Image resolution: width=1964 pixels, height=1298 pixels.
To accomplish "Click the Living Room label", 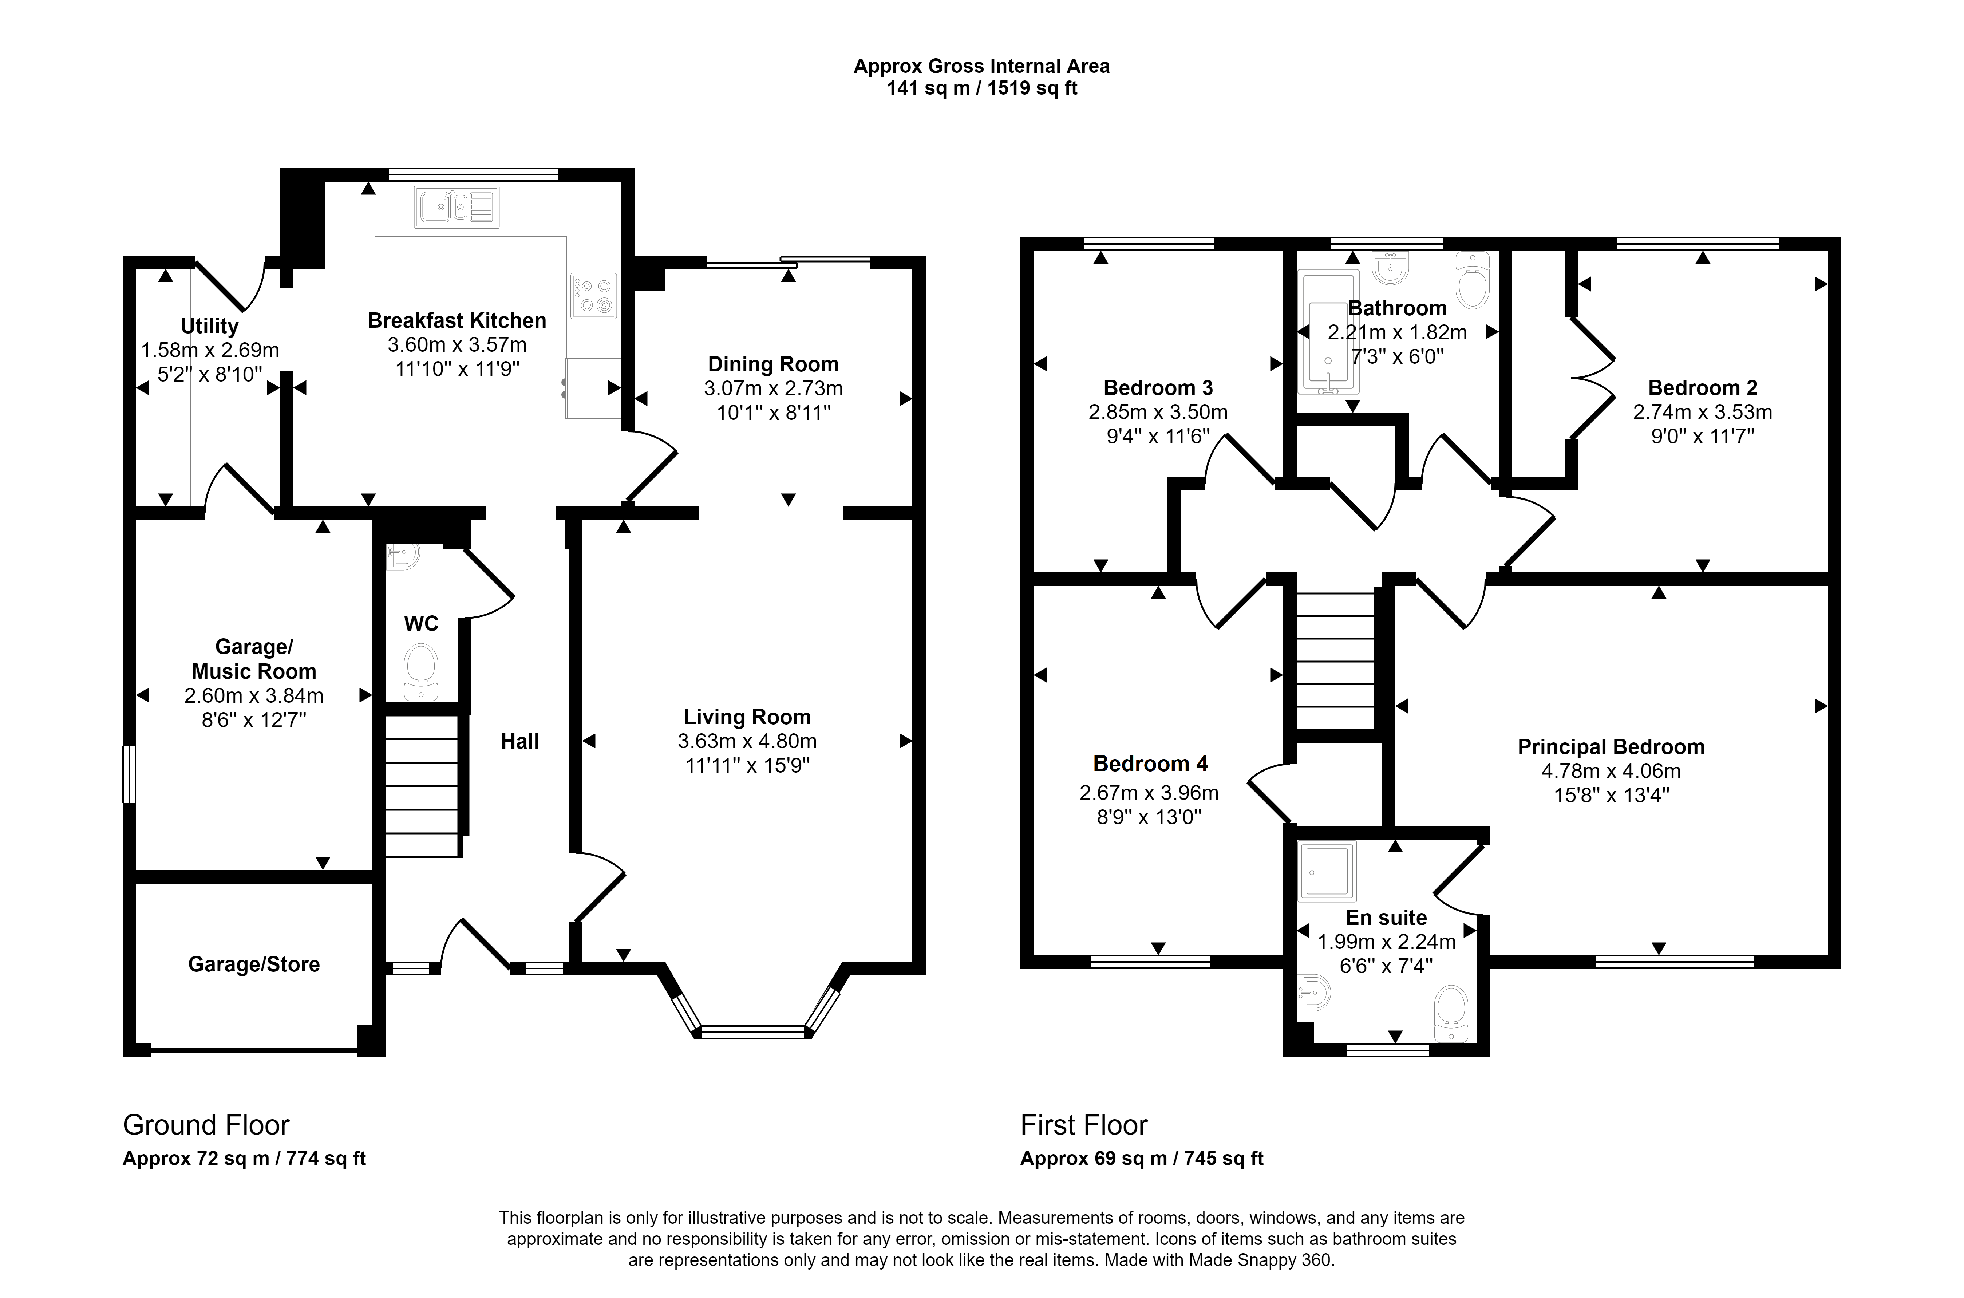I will pos(747,717).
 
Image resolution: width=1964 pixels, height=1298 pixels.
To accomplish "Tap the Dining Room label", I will pos(773,364).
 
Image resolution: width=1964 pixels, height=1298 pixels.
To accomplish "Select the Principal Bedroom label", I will pos(1611,747).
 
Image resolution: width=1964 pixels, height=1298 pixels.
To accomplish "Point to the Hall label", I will pos(520,742).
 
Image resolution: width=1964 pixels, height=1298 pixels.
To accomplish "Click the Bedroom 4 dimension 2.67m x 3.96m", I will pos(1149,793).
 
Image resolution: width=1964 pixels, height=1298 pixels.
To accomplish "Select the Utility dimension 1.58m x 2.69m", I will pos(210,350).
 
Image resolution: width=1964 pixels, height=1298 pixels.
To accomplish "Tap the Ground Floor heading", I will pos(206,1125).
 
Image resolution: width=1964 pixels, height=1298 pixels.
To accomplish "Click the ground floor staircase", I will pos(421,786).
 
